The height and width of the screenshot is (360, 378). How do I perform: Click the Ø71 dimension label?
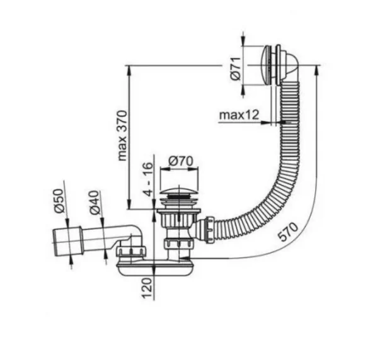tap(236, 69)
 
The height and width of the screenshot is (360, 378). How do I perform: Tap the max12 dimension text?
tap(239, 115)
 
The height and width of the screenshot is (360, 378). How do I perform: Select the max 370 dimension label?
tap(122, 135)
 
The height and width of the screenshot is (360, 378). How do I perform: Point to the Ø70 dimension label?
tap(181, 161)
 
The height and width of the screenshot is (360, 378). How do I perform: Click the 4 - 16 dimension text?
tap(149, 179)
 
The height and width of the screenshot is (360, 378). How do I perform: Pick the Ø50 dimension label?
tap(59, 201)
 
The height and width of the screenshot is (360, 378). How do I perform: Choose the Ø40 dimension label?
tap(94, 202)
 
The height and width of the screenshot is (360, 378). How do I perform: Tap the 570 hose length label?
tap(288, 232)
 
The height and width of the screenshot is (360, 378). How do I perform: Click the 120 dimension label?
tap(147, 288)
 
